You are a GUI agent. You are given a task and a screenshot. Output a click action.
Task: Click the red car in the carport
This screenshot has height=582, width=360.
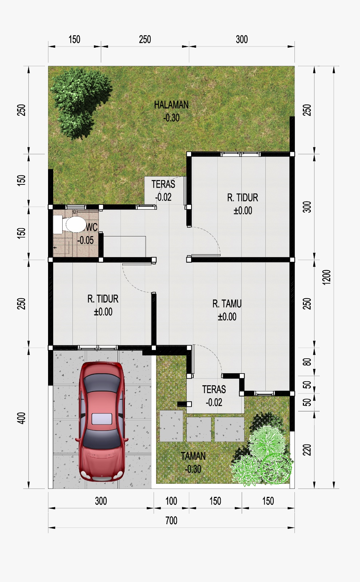(102, 421)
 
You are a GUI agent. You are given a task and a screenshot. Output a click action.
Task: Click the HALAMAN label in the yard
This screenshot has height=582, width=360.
(171, 105)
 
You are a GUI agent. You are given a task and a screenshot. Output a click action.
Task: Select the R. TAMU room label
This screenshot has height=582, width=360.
(227, 304)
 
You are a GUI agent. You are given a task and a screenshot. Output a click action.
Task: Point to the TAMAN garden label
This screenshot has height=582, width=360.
(193, 456)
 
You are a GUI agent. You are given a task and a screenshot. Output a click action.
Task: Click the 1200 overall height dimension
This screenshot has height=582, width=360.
(327, 277)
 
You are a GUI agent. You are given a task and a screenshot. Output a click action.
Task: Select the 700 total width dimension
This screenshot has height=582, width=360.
(171, 521)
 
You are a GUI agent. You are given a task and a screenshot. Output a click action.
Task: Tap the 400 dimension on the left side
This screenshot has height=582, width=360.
(21, 418)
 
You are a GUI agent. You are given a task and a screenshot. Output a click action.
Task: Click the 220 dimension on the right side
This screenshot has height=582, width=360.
(307, 450)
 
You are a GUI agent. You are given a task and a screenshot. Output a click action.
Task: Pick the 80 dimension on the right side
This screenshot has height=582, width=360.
(307, 362)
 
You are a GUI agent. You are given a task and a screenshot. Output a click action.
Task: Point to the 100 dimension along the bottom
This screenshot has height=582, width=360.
(171, 501)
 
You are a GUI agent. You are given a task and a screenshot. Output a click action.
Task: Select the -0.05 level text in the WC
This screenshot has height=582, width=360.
(85, 240)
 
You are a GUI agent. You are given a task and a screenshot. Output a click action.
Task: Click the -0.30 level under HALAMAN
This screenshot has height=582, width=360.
(171, 118)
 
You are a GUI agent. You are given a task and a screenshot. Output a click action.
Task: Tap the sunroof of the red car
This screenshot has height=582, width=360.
(102, 419)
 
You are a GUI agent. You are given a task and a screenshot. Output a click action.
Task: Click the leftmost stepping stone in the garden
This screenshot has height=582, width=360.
(171, 426)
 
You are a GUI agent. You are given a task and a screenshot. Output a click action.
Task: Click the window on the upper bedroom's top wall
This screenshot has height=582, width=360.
(241, 154)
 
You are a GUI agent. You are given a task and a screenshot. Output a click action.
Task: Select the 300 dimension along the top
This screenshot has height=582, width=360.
(242, 40)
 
